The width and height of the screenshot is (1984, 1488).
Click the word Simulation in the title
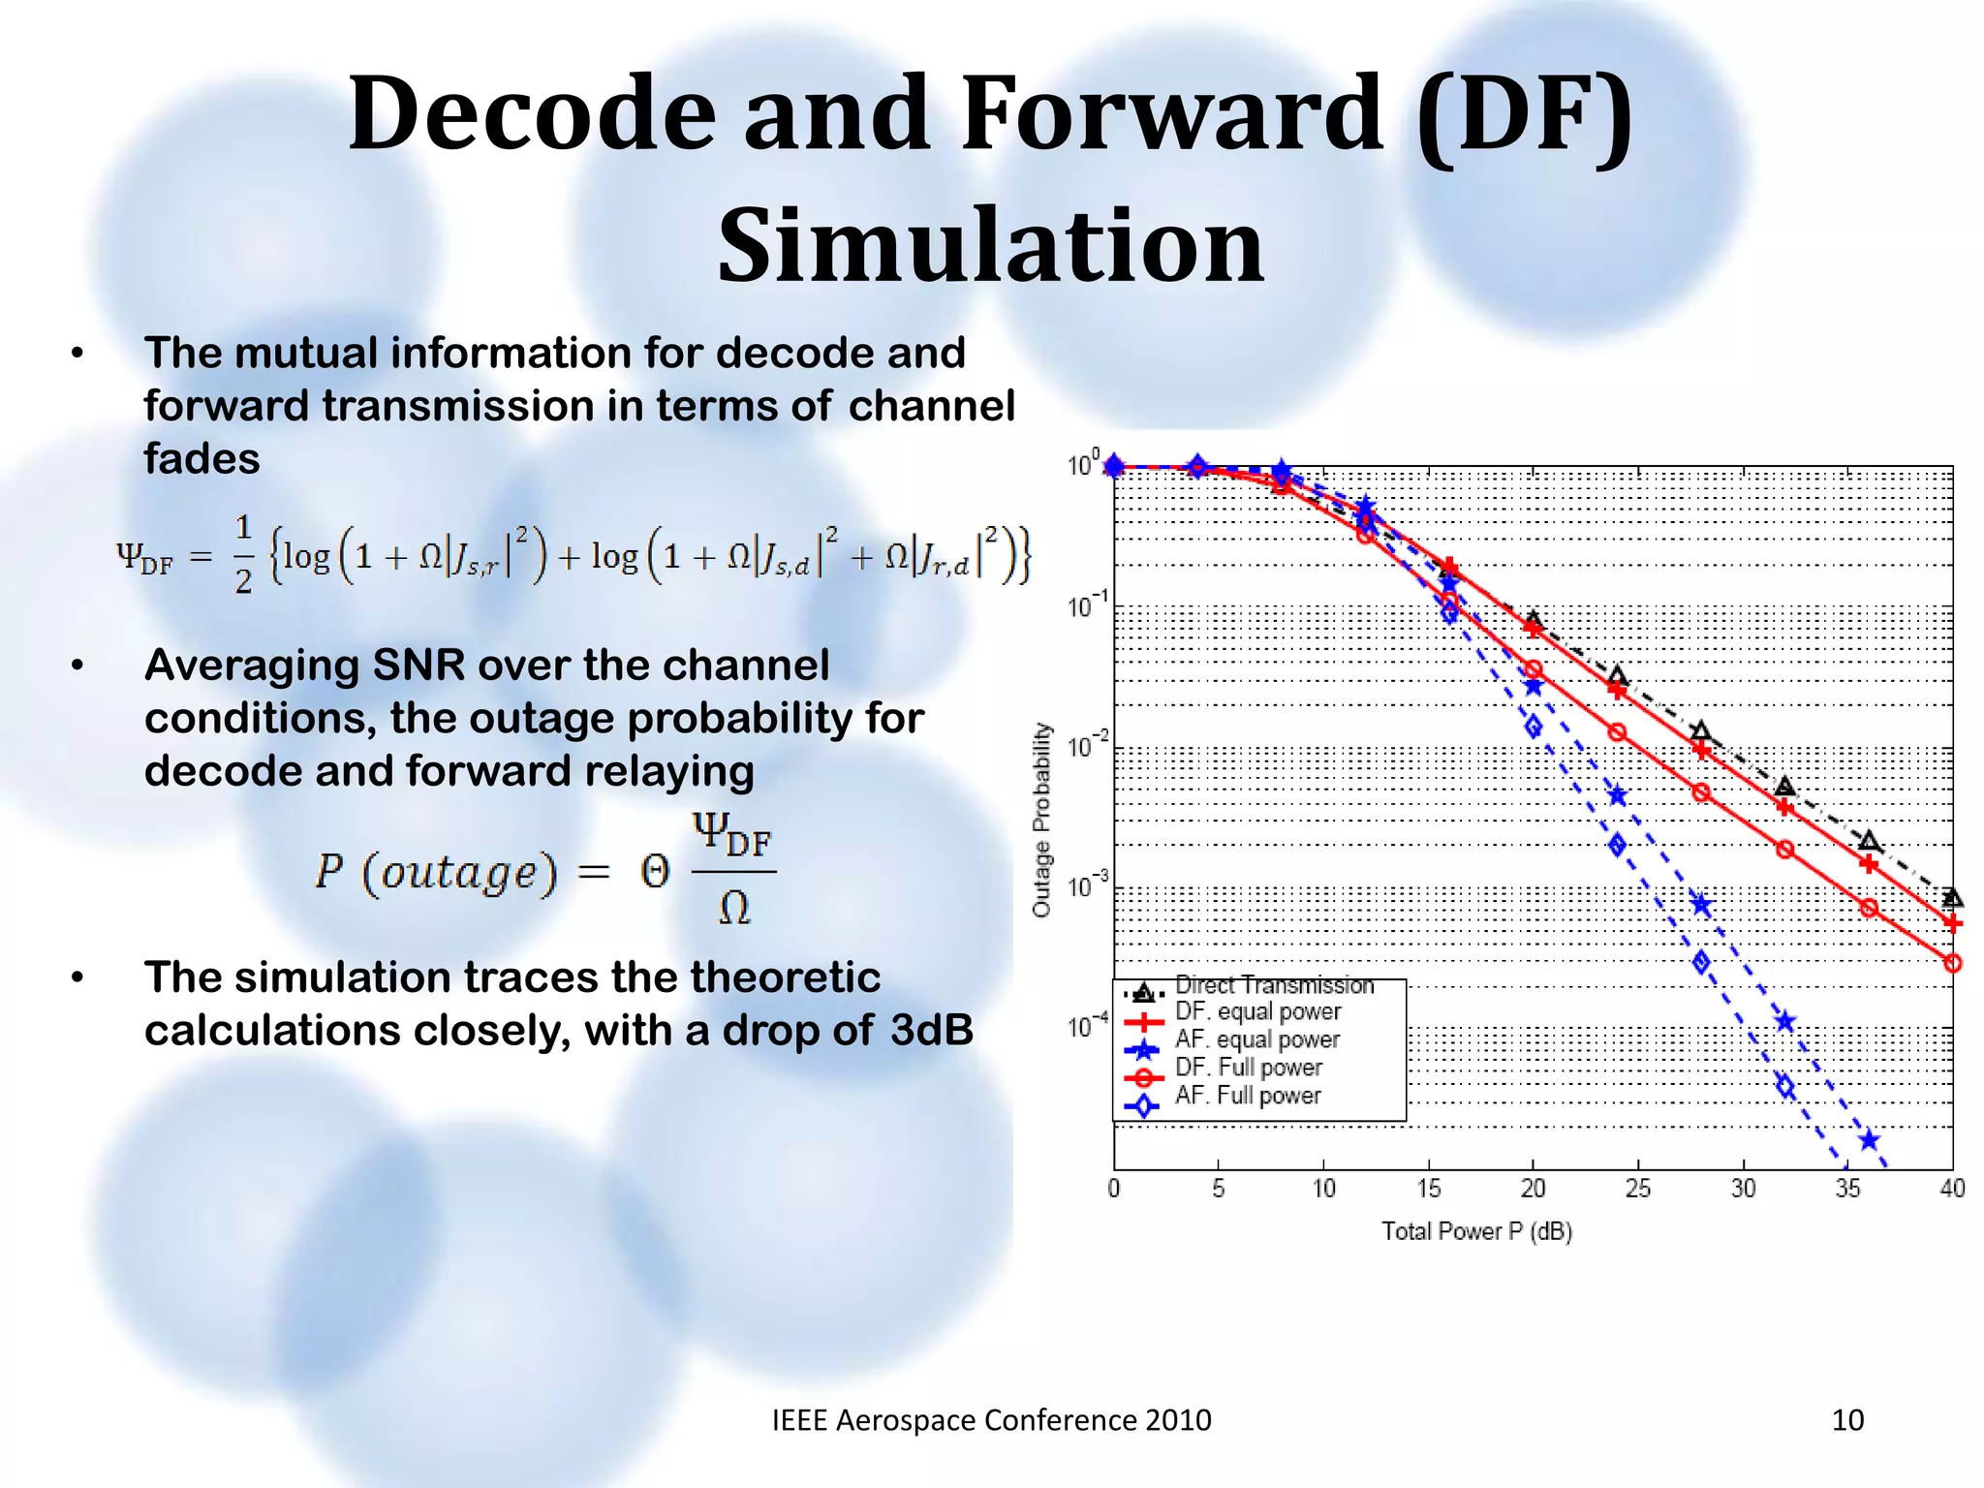click(x=990, y=246)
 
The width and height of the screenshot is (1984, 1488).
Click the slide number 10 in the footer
click(x=1847, y=1420)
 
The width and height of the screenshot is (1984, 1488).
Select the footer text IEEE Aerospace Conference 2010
click(x=991, y=1420)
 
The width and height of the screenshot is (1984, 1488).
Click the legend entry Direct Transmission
click(x=1274, y=986)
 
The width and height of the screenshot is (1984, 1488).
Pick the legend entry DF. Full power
click(x=1248, y=1068)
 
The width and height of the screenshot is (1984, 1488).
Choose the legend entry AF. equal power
click(x=1256, y=1039)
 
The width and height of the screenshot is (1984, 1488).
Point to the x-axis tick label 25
click(x=1637, y=1189)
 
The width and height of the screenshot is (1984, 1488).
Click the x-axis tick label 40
click(x=1951, y=1189)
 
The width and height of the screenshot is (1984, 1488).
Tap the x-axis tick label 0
click(x=1114, y=1189)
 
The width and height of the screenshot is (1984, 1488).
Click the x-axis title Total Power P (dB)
click(x=1475, y=1231)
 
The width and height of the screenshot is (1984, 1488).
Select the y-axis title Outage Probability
click(x=1041, y=820)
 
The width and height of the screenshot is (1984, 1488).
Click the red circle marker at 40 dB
click(x=1952, y=963)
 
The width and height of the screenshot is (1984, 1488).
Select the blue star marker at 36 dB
click(x=1869, y=1140)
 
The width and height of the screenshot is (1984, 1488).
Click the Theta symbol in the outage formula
click(x=655, y=873)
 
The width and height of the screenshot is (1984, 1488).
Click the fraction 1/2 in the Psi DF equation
click(x=243, y=555)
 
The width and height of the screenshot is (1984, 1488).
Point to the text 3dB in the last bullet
click(x=931, y=1031)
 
